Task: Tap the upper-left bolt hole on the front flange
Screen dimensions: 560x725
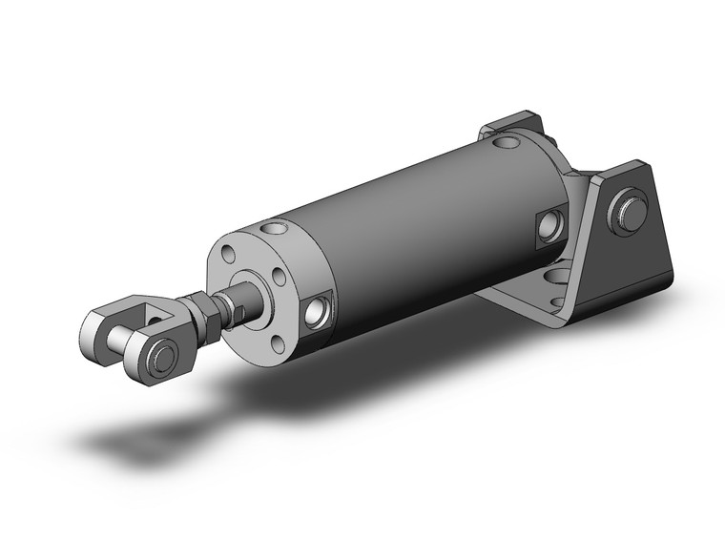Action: pos(229,255)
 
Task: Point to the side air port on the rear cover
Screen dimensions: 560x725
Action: pos(550,224)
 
